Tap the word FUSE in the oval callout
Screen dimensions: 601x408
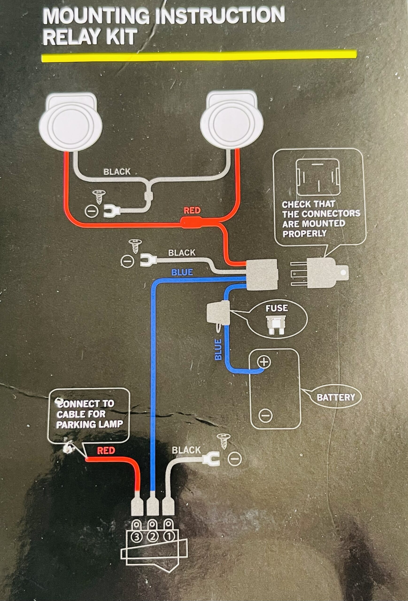point(276,308)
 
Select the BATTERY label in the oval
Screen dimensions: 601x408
point(336,397)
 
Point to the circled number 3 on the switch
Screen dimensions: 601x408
point(137,537)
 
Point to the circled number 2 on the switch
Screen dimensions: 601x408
point(153,537)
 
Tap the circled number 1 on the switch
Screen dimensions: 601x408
point(168,537)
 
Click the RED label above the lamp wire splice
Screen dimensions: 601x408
point(192,211)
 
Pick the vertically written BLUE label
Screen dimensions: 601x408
point(218,349)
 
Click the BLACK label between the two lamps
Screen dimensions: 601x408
point(117,172)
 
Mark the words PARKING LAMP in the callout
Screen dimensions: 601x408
point(89,424)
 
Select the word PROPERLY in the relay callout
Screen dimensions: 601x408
point(304,234)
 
